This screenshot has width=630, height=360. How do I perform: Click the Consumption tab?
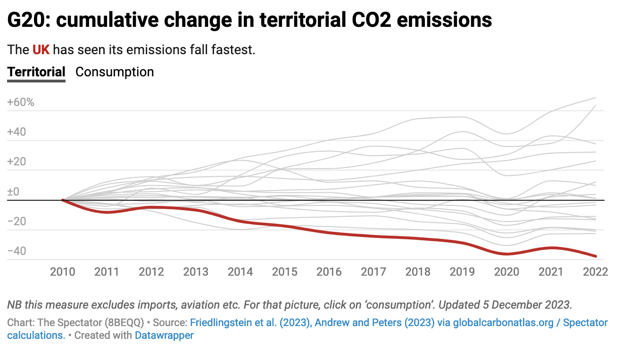pyautogui.click(x=115, y=72)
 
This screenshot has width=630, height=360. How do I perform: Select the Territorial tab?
pyautogui.click(x=36, y=72)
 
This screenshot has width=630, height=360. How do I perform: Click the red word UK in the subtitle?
pyautogui.click(x=41, y=49)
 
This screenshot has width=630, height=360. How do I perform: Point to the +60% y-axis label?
pyautogui.click(x=21, y=102)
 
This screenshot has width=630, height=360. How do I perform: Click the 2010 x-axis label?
pyautogui.click(x=63, y=272)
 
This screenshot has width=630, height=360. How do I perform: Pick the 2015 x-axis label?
pyautogui.click(x=285, y=272)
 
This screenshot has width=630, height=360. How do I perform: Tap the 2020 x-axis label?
pyautogui.click(x=506, y=272)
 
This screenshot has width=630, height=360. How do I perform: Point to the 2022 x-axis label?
pyautogui.click(x=595, y=272)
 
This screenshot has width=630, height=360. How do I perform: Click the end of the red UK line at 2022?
pyautogui.click(x=596, y=256)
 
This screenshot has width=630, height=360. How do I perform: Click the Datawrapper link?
pyautogui.click(x=164, y=335)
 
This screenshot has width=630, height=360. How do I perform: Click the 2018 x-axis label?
pyautogui.click(x=418, y=272)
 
